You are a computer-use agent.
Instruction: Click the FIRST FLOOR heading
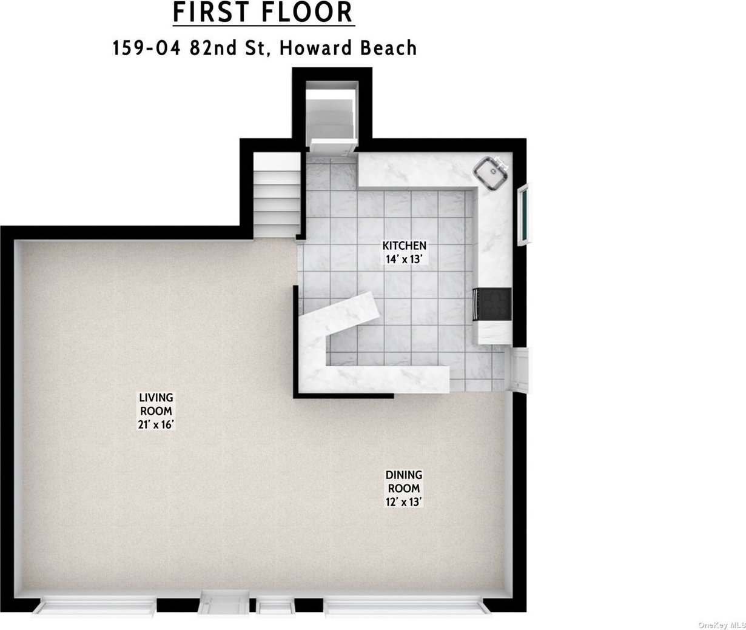click(263, 13)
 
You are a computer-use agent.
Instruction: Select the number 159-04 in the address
click(147, 48)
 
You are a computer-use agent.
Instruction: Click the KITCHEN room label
click(405, 246)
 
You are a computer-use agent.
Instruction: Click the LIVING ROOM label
click(156, 404)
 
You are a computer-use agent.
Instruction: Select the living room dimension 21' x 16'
click(156, 424)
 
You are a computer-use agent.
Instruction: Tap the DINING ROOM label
click(404, 481)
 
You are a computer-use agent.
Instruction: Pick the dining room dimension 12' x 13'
click(404, 502)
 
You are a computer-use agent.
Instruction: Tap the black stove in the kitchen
click(492, 304)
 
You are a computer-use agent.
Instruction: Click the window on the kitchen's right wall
click(525, 214)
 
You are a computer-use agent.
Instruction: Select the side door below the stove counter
click(520, 370)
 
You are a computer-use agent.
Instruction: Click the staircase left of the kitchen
click(277, 195)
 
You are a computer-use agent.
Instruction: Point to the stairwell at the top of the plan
click(332, 114)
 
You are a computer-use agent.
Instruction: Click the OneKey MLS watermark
click(721, 625)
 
